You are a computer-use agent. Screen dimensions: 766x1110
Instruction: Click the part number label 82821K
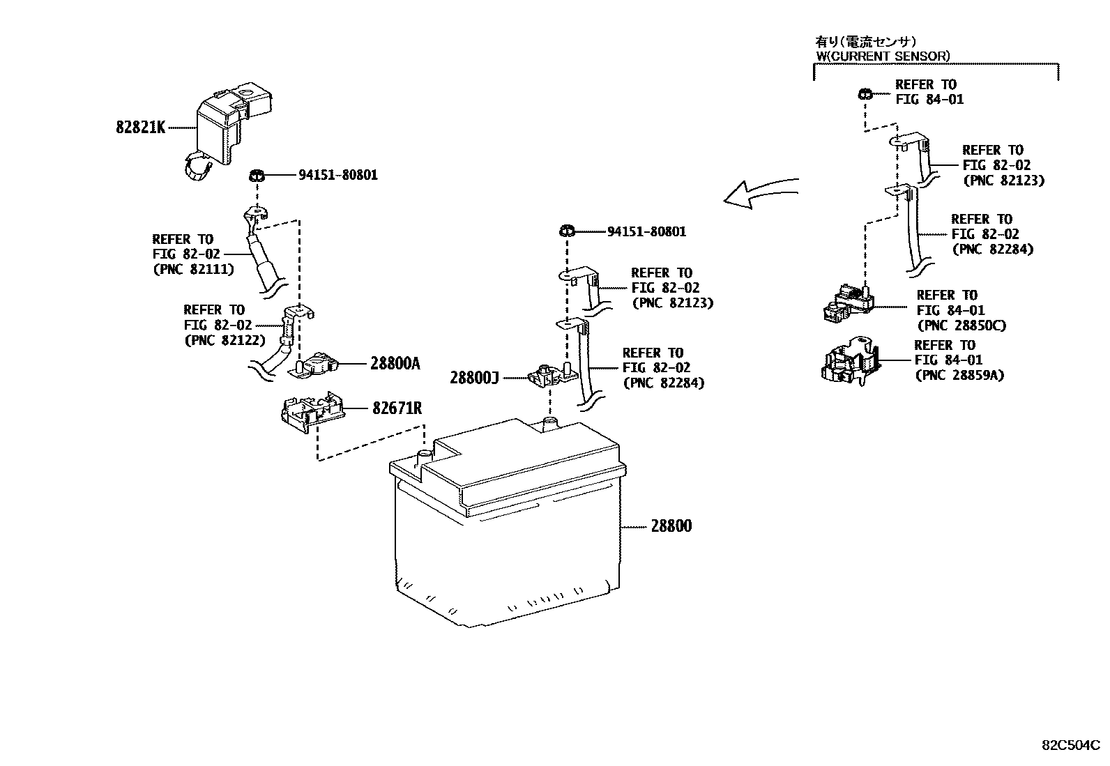click(x=140, y=128)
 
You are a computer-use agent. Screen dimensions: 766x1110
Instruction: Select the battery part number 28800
click(x=671, y=526)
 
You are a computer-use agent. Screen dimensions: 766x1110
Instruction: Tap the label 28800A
click(x=395, y=363)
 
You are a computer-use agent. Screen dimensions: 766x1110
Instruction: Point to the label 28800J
click(x=475, y=378)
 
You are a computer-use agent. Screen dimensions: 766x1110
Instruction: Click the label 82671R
click(x=397, y=408)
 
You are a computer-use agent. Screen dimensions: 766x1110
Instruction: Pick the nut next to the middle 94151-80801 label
click(x=566, y=231)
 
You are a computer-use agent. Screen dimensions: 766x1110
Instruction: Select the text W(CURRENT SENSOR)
click(x=883, y=56)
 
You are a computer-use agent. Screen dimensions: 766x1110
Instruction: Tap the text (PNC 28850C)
click(x=961, y=325)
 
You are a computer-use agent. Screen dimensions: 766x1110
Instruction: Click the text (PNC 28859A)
click(x=959, y=376)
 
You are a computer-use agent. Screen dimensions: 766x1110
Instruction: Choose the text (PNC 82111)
click(x=193, y=269)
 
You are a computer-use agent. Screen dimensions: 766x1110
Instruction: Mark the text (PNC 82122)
click(x=225, y=340)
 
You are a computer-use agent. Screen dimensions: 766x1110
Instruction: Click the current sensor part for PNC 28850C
click(x=848, y=303)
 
